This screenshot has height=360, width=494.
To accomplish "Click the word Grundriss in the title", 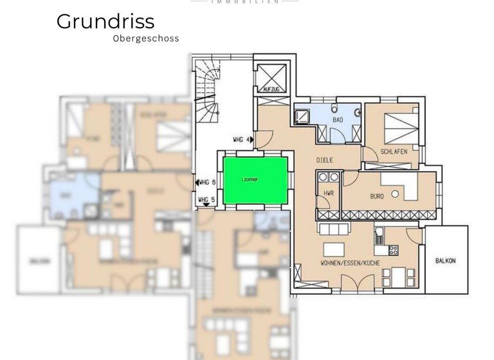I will pyautogui.click(x=105, y=21).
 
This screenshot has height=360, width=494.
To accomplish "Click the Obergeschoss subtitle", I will pyautogui.click(x=146, y=39).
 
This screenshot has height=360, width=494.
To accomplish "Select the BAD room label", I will pyautogui.click(x=338, y=120).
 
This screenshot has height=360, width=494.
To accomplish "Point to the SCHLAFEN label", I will pyautogui.click(x=394, y=152).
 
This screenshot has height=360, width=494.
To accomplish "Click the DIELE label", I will pyautogui.click(x=325, y=160).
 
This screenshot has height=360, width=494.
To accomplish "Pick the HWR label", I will pyautogui.click(x=329, y=193).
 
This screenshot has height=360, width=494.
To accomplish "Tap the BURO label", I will pyautogui.click(x=377, y=196).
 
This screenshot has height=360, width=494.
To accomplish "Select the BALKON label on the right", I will pyautogui.click(x=445, y=260).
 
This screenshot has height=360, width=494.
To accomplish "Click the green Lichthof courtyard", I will pyautogui.click(x=255, y=181).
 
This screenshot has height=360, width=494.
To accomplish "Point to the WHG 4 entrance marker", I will pyautogui.click(x=243, y=139).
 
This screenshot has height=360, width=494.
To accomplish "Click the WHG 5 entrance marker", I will pyautogui.click(x=206, y=200).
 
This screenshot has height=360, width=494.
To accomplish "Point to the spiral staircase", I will pyautogui.click(x=207, y=90).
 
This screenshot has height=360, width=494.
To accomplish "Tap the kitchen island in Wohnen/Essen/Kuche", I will pyautogui.click(x=334, y=249).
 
